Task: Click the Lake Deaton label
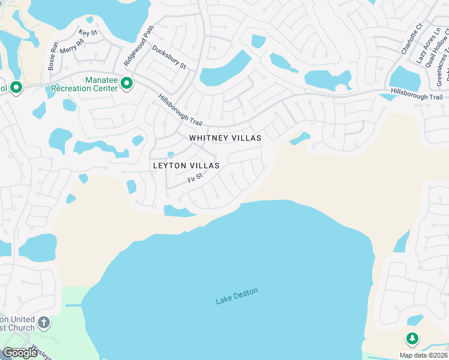(x=237, y=296)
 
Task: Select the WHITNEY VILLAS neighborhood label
(x=225, y=138)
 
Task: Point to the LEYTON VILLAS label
(x=186, y=165)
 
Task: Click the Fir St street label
(x=196, y=178)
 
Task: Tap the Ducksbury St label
(x=169, y=57)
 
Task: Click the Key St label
(x=88, y=32)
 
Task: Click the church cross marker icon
(x=43, y=323)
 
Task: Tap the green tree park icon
(x=412, y=339)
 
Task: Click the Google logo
(x=20, y=353)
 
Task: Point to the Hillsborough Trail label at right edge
(x=416, y=97)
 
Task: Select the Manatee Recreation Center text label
(x=85, y=84)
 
